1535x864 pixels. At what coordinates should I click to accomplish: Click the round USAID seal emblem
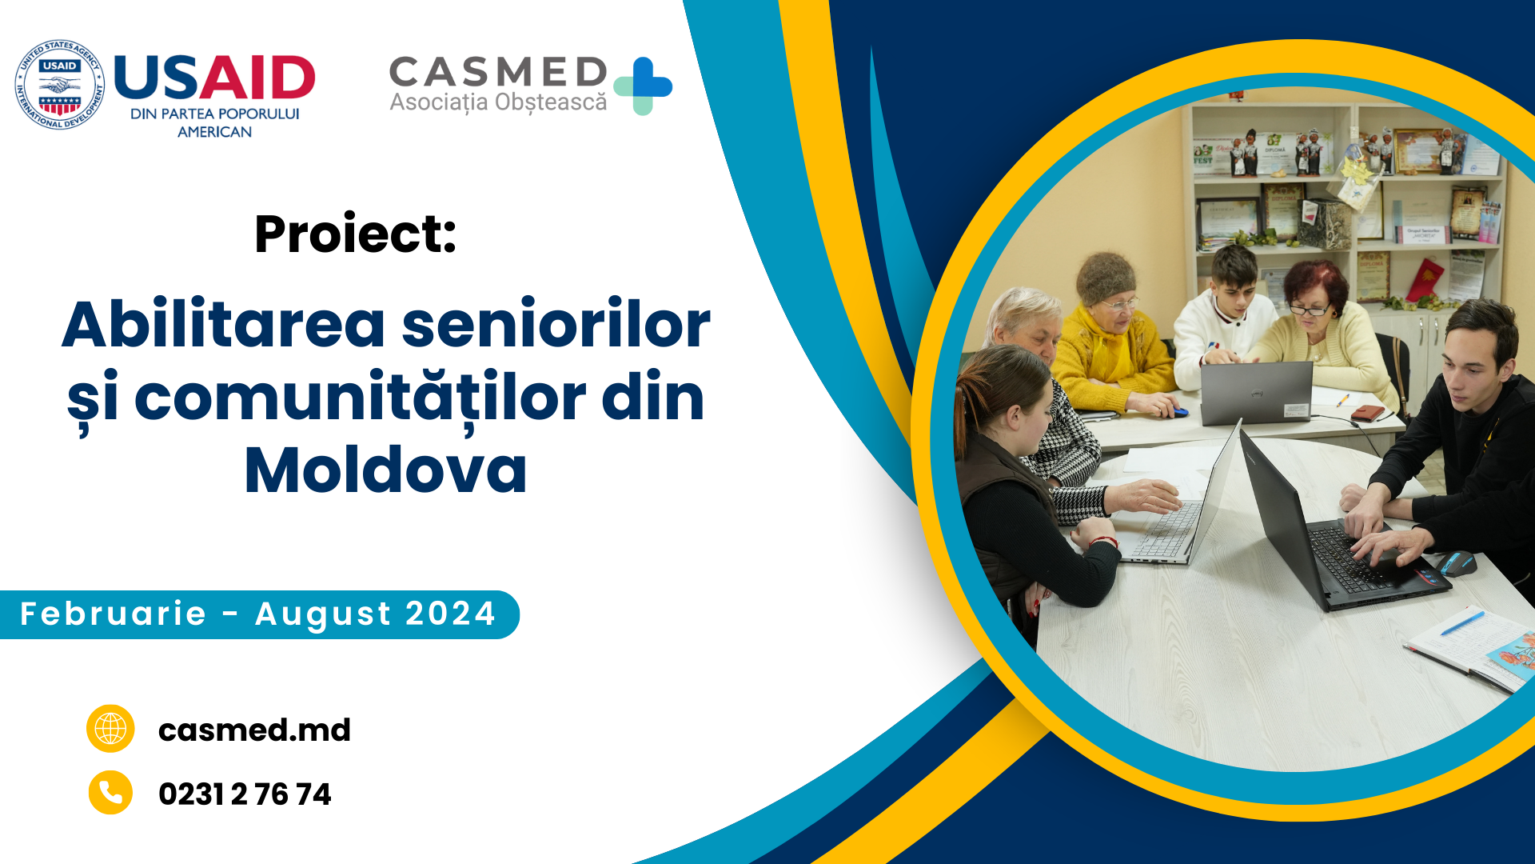pyautogui.click(x=60, y=85)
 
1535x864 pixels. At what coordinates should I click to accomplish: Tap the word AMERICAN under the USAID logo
pyautogui.click(x=214, y=132)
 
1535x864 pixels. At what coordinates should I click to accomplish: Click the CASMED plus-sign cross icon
pyautogui.click(x=643, y=86)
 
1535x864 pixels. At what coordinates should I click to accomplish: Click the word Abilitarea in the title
pyautogui.click(x=225, y=325)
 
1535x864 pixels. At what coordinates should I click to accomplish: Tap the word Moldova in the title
pyautogui.click(x=385, y=470)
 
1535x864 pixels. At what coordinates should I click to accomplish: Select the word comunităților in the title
pyautogui.click(x=359, y=398)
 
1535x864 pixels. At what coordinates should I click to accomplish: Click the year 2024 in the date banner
pyautogui.click(x=451, y=614)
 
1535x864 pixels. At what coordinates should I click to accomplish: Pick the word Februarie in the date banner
pyautogui.click(x=113, y=614)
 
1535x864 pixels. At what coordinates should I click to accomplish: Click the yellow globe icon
pyautogui.click(x=110, y=729)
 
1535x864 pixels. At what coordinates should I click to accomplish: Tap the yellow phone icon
pyautogui.click(x=110, y=793)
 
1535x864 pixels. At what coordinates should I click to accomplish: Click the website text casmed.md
pyautogui.click(x=254, y=730)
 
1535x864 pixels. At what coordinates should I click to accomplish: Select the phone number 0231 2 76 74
pyautogui.click(x=245, y=794)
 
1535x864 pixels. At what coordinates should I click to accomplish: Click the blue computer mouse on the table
pyautogui.click(x=1457, y=563)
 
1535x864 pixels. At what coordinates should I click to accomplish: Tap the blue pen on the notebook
pyautogui.click(x=1462, y=623)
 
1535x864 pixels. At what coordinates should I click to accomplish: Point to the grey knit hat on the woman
pyautogui.click(x=1106, y=277)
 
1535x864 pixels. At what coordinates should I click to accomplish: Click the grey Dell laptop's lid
pyautogui.click(x=1256, y=392)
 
